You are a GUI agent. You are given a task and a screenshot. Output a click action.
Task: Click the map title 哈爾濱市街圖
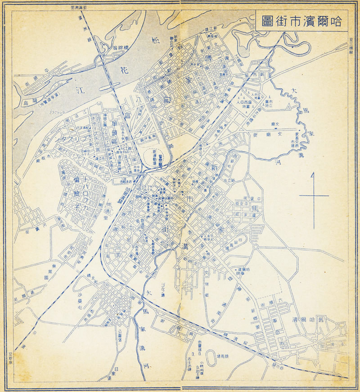[301, 21]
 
